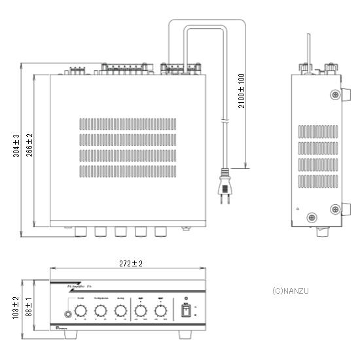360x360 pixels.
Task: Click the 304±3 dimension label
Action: coord(16,150)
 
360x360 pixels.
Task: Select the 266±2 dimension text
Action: coord(30,150)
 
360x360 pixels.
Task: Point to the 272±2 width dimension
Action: coord(128,263)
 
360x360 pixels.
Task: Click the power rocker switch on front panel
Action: coord(185,310)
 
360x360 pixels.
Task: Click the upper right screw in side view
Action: coord(335,96)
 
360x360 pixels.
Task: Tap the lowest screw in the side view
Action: coord(312,217)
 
